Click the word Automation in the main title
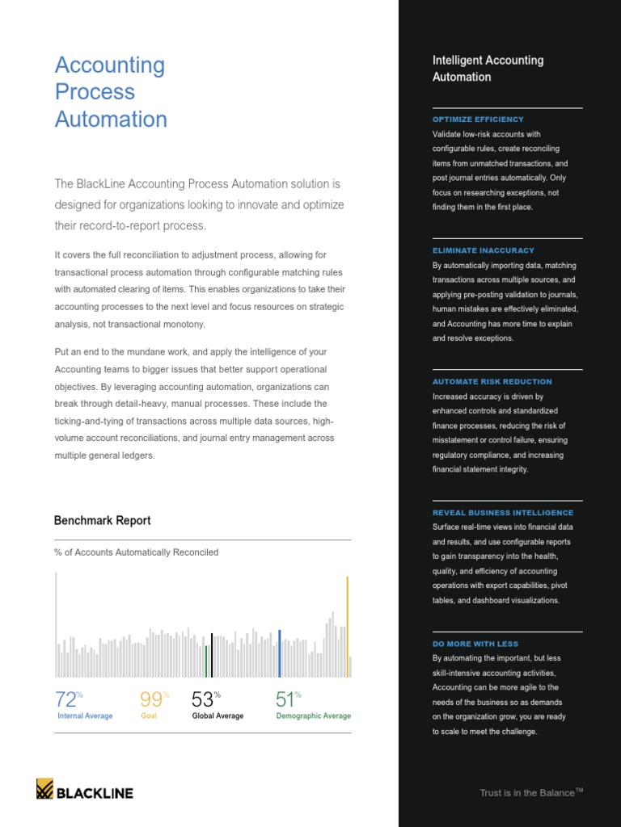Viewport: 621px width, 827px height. tap(111, 119)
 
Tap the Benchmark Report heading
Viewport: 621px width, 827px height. tap(102, 521)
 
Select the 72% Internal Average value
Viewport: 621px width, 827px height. tap(68, 699)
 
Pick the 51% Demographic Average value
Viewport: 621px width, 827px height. tap(288, 699)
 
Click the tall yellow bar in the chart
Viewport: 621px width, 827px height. tap(348, 626)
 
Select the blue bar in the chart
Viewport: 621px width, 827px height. tap(280, 653)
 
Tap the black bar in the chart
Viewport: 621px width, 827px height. tap(212, 655)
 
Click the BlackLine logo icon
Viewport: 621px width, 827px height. tap(45, 789)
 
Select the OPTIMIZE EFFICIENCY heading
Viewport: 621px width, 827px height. tap(478, 120)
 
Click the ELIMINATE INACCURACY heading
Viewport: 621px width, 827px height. tap(484, 250)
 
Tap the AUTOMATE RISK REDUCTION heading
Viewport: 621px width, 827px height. tap(492, 381)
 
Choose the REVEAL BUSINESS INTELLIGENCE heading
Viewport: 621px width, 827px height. tap(502, 513)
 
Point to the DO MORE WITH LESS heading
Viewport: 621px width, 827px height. tap(475, 644)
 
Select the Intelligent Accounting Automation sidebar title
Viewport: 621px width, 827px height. tap(488, 69)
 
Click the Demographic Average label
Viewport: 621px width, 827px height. tap(313, 716)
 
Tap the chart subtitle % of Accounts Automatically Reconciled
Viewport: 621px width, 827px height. tap(136, 552)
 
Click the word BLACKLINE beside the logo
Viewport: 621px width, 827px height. tap(95, 793)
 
